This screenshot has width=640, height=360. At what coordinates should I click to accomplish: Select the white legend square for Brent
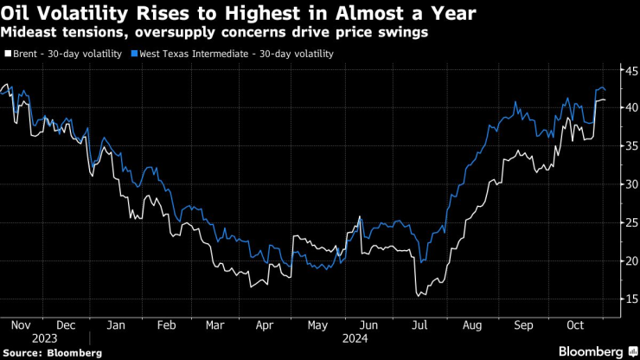click(8, 54)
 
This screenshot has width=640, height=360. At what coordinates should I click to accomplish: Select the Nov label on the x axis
click(20, 325)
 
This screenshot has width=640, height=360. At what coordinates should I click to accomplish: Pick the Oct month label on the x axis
click(576, 325)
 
